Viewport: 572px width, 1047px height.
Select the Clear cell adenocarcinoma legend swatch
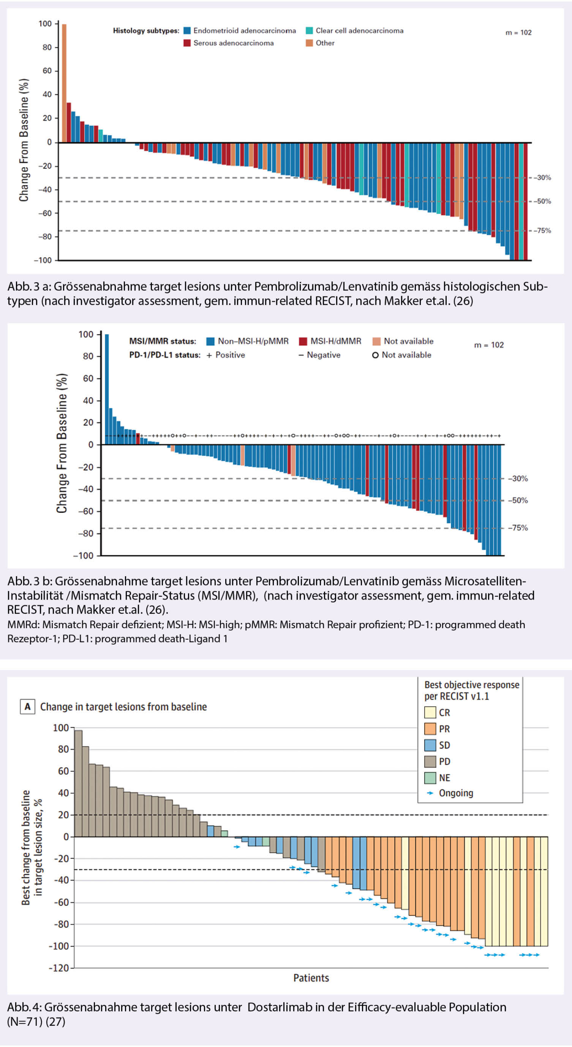310,31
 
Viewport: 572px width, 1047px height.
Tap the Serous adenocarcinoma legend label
233,43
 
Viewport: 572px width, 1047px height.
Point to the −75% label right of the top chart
542,231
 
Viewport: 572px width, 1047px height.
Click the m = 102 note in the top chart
518,33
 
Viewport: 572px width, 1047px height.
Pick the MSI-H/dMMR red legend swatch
303,341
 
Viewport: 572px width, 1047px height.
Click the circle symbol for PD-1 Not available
375,355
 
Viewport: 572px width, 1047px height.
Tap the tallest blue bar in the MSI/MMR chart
107,389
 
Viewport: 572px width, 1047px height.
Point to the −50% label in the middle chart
518,500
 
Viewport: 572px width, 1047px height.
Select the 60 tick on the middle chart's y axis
88,378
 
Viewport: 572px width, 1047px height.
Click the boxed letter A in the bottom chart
27,706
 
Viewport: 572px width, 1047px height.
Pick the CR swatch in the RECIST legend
430,712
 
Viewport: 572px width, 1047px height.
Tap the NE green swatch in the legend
430,777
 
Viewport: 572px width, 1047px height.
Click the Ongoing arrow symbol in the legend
430,793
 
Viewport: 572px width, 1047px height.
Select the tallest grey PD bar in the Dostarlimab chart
78,783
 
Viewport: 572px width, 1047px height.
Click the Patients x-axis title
311,978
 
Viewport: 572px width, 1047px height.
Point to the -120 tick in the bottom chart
59,968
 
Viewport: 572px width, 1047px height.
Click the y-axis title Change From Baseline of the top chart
24,140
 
